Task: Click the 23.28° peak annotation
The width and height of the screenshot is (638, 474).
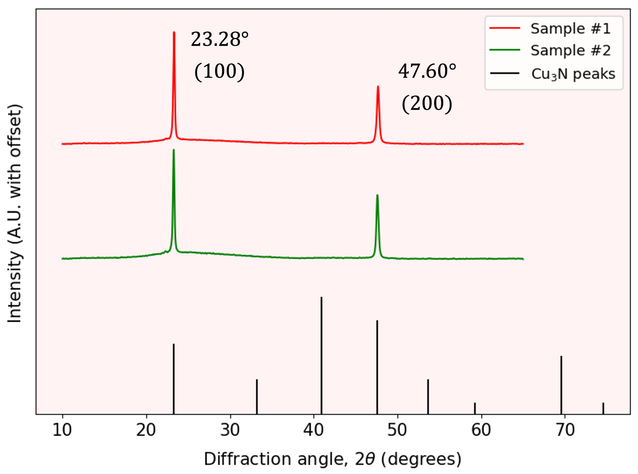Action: pos(220,39)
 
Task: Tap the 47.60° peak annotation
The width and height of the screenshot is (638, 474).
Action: pos(427,71)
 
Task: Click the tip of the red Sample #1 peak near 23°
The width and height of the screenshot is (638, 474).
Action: pos(174,32)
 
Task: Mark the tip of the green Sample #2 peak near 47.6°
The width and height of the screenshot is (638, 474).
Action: pos(377,195)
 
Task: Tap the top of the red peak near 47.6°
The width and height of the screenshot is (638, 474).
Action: pos(378,86)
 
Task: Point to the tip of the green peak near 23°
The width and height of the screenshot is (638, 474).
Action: pos(173,150)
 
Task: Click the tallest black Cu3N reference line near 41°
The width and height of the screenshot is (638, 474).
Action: pos(321,298)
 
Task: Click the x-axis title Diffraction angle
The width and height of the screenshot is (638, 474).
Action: pos(333,459)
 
